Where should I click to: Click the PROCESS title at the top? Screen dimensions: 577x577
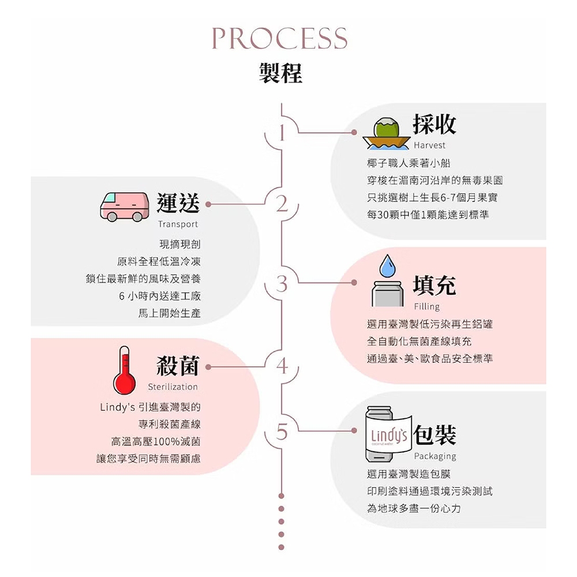(280, 38)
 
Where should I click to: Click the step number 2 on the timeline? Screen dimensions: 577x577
(282, 204)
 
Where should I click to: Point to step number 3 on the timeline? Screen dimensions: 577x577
(282, 284)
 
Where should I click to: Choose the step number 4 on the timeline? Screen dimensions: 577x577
(282, 366)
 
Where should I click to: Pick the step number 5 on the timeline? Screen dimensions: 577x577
(282, 432)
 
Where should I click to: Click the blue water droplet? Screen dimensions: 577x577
(388, 265)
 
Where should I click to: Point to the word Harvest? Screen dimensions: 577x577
(429, 145)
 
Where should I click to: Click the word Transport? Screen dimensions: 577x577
(177, 224)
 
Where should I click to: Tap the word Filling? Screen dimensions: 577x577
(426, 306)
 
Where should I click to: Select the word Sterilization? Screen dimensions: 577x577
(173, 387)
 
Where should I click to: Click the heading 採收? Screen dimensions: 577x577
(434, 123)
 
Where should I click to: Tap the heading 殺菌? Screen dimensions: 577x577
(178, 366)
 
